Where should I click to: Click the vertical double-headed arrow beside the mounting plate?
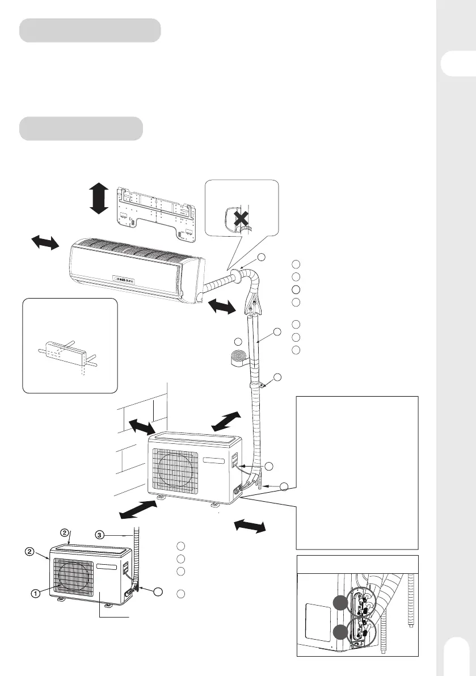pos(99,198)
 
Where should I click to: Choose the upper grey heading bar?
pos(90,30)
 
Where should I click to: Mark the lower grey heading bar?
pos(81,128)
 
